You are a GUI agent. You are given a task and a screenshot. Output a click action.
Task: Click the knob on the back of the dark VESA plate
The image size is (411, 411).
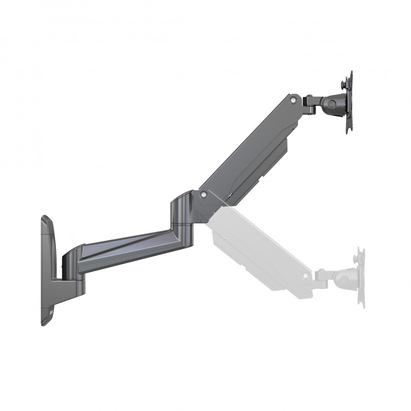(342, 84)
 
